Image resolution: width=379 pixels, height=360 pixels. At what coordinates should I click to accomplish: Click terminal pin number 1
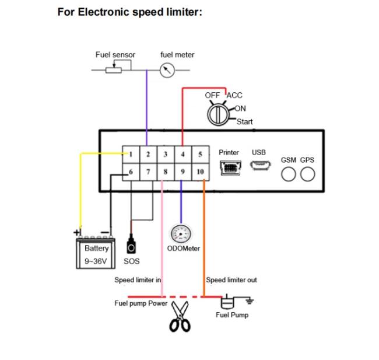[x=131, y=154]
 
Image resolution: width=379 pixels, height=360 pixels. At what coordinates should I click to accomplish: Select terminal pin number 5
[x=201, y=154]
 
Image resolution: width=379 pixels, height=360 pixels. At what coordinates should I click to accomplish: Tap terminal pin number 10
[x=201, y=172]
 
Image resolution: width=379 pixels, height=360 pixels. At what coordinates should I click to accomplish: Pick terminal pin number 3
[x=166, y=154]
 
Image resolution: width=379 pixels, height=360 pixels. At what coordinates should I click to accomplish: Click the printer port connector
[x=230, y=167]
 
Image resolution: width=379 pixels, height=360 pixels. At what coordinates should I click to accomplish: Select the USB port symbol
[x=260, y=165]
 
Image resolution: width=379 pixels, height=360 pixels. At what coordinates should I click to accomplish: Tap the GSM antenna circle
[x=289, y=174]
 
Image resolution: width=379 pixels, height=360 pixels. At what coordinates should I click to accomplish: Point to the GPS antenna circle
[x=307, y=174]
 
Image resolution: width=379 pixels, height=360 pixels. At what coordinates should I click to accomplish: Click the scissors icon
[x=180, y=316]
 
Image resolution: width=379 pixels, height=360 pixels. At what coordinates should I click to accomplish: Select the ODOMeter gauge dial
[x=181, y=234]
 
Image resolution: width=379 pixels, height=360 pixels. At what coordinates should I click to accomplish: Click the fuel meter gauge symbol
[x=167, y=70]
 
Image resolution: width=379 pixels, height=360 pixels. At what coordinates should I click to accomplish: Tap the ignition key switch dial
[x=218, y=115]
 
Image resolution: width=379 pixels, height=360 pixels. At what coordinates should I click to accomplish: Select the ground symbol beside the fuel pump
[x=250, y=301]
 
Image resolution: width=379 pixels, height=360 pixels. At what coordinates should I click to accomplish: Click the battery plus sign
[x=76, y=232]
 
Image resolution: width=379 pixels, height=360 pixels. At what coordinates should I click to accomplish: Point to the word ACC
[x=234, y=95]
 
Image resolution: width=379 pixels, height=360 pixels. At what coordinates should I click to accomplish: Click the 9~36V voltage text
[x=96, y=261]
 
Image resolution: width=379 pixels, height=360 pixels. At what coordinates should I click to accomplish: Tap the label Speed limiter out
[x=231, y=280]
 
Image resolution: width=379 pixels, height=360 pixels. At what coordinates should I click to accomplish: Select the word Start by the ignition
[x=245, y=121]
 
